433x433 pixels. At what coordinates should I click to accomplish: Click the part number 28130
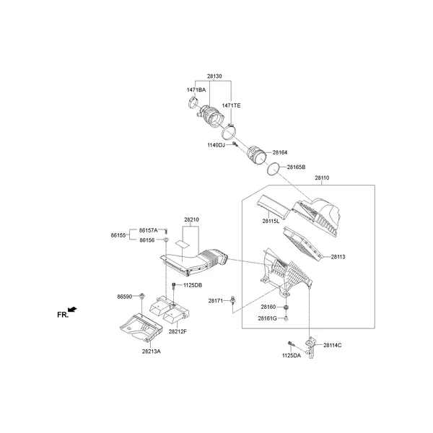pyautogui.click(x=214, y=76)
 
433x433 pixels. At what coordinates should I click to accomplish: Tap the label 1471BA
pyautogui.click(x=196, y=89)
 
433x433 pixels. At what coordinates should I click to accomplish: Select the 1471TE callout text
pyautogui.click(x=231, y=106)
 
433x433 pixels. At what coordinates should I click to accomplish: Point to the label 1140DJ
pyautogui.click(x=216, y=145)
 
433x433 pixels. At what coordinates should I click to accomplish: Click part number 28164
pyautogui.click(x=279, y=152)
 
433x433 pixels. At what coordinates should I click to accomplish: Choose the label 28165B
pyautogui.click(x=296, y=167)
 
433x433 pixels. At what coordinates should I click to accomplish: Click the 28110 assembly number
pyautogui.click(x=322, y=178)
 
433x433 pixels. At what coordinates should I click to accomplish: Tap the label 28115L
pyautogui.click(x=271, y=221)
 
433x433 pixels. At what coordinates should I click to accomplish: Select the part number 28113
pyautogui.click(x=338, y=256)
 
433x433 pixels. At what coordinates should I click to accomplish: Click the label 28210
pyautogui.click(x=191, y=219)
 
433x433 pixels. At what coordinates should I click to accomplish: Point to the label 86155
pyautogui.click(x=119, y=235)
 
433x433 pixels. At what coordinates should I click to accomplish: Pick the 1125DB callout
pyautogui.click(x=192, y=285)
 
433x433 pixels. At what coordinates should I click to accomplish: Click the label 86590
pyautogui.click(x=126, y=296)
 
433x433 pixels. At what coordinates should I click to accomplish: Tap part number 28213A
pyautogui.click(x=152, y=351)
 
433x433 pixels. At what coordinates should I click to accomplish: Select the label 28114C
pyautogui.click(x=332, y=346)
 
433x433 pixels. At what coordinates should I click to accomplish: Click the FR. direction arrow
pyautogui.click(x=73, y=310)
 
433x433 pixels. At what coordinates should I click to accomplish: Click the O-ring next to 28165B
pyautogui.click(x=273, y=168)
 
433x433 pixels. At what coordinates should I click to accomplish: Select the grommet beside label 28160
pyautogui.click(x=287, y=307)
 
